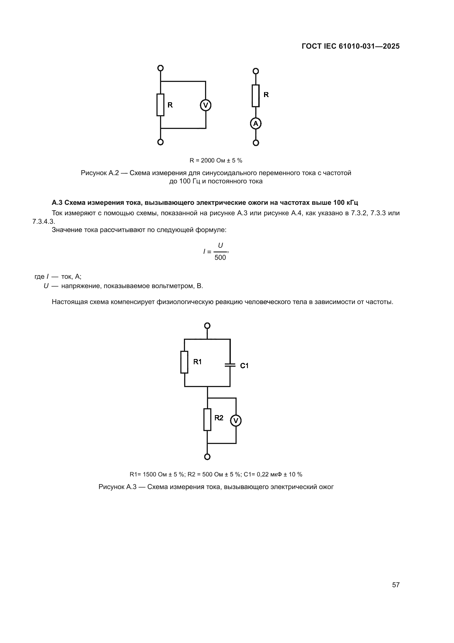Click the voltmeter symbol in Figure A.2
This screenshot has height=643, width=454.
206,105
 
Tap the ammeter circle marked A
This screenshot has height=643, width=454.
256,123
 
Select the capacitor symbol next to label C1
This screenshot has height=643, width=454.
230,365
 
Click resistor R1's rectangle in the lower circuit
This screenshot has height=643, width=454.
184,362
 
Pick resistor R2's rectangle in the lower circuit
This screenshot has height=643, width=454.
207,420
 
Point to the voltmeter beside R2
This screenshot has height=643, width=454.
236,420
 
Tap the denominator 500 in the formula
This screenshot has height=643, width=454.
220,258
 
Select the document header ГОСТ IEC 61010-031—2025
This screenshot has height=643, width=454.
351,46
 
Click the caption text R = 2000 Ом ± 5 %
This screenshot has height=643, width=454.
216,161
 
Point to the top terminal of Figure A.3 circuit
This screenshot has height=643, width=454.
207,326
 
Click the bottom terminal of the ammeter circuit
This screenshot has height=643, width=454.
256,143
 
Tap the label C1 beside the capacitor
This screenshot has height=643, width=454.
244,365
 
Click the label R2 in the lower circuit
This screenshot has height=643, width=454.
219,418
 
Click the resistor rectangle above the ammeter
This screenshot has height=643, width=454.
256,96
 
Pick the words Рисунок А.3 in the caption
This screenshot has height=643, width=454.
117,487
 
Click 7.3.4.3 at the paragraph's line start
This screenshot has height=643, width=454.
43,222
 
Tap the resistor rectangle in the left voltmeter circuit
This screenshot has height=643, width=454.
160,105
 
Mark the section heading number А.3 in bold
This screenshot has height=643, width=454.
57,203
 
